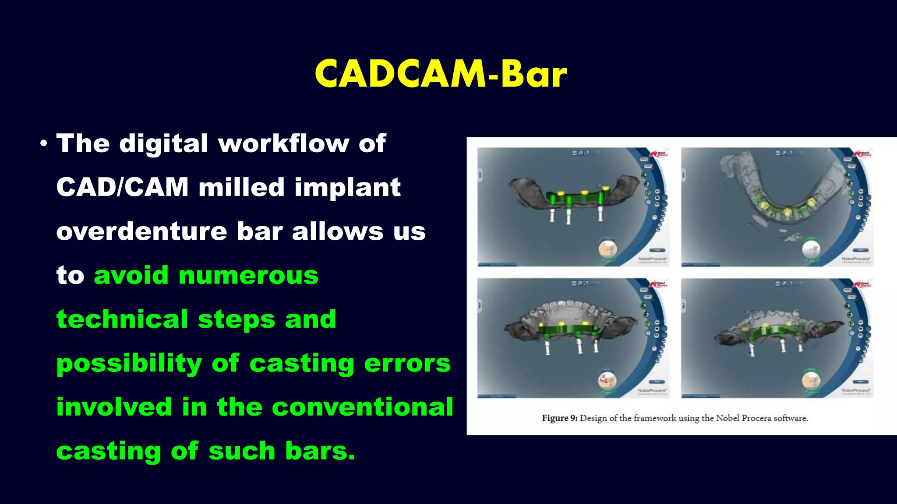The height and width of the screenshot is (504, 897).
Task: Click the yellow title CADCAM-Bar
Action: tap(441, 74)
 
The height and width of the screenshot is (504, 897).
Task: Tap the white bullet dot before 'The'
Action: tap(43, 143)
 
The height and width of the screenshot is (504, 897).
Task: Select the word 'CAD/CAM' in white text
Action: tap(122, 187)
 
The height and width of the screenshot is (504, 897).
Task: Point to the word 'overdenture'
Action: tap(141, 231)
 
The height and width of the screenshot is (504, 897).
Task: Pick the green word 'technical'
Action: tap(122, 319)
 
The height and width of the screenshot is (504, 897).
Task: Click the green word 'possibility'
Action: tap(129, 363)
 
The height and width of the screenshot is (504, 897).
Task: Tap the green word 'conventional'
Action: tap(362, 407)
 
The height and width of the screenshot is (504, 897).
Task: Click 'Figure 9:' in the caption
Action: tap(559, 418)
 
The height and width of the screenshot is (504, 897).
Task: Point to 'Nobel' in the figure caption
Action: tap(727, 418)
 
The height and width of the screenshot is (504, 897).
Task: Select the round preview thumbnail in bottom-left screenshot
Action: tap(607, 379)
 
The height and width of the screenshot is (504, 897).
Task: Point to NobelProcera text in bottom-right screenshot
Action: tap(855, 389)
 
